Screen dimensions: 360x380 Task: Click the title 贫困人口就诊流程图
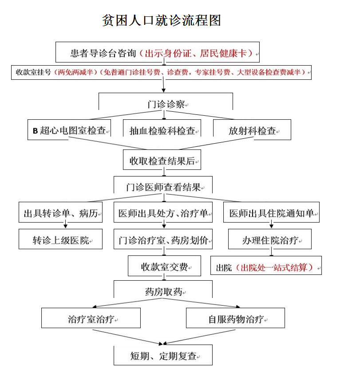161,20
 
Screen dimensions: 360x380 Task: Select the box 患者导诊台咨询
158,52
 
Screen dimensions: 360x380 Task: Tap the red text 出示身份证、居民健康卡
196,53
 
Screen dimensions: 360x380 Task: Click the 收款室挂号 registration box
161,72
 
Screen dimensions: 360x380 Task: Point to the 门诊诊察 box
166,102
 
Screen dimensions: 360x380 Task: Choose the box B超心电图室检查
69,129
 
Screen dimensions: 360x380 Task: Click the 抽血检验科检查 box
162,128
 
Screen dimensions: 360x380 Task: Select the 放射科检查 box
252,129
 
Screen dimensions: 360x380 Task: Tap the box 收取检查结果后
162,160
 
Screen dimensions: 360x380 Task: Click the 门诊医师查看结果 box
163,185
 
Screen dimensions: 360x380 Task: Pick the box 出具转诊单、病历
61,212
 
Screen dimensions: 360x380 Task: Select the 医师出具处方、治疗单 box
163,212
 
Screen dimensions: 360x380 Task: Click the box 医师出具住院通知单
272,212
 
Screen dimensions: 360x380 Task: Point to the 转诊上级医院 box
61,239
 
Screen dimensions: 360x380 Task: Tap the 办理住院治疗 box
270,239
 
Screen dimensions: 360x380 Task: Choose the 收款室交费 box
165,266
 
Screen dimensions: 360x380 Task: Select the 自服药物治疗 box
235,318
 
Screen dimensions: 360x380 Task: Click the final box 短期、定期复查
163,355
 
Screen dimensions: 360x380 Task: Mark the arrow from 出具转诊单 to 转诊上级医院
65,224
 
